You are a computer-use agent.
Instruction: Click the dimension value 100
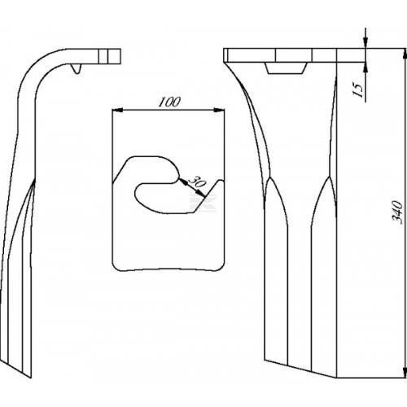(169, 102)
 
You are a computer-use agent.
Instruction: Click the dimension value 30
(196, 182)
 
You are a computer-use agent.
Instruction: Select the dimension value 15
(358, 90)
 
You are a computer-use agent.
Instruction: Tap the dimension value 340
(397, 212)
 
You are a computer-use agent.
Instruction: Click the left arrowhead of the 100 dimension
(117, 110)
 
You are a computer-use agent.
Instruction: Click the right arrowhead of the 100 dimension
(219, 110)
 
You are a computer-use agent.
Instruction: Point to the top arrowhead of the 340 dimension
(405, 55)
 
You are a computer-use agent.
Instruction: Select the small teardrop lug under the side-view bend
(77, 68)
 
